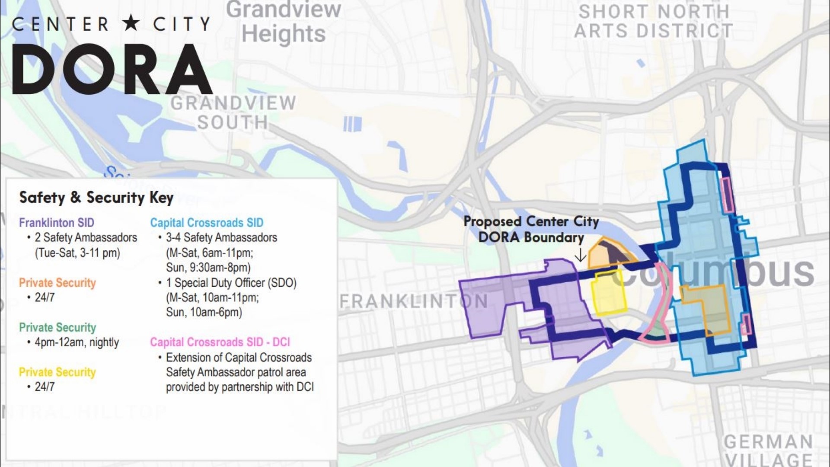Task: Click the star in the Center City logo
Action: tap(131, 24)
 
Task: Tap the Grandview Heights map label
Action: tap(284, 22)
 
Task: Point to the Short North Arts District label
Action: tap(653, 22)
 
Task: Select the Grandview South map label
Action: tap(233, 113)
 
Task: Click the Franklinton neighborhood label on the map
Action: tap(414, 301)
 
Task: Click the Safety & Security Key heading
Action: tap(96, 198)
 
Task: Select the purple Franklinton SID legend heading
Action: tap(57, 223)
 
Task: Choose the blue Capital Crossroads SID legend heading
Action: tap(207, 223)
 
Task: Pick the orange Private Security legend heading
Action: tap(57, 283)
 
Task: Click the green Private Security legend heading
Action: tap(57, 327)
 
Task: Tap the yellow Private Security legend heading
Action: tap(57, 372)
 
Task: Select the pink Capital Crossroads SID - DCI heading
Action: tap(220, 342)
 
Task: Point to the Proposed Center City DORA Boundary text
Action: tap(531, 229)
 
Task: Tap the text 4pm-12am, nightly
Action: tap(77, 342)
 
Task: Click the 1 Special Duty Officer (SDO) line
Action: tap(231, 283)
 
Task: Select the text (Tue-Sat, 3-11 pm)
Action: tap(77, 253)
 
